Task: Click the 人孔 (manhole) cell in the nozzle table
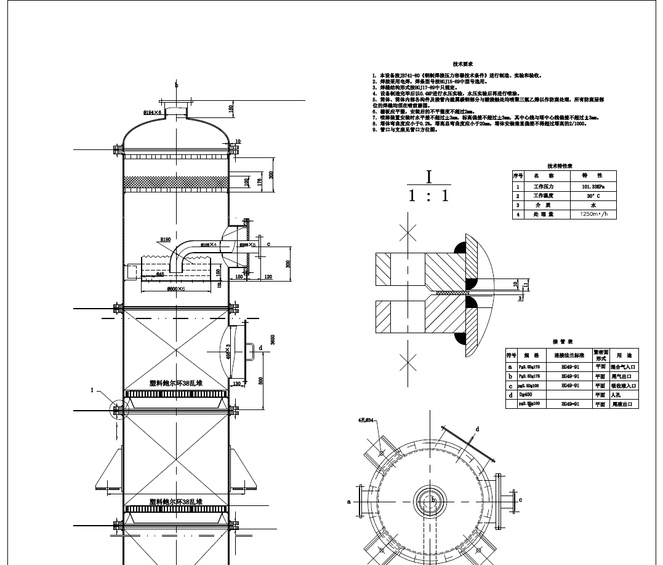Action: click(626, 395)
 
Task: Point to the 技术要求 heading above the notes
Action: click(462, 64)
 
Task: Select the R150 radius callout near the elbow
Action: click(166, 239)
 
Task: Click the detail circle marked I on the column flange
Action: click(117, 409)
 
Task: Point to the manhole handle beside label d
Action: click(252, 350)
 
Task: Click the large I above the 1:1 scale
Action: click(429, 177)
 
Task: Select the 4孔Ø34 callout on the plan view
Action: click(367, 421)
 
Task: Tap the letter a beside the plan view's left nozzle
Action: click(348, 501)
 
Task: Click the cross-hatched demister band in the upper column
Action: click(176, 183)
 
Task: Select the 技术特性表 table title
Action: click(560, 166)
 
